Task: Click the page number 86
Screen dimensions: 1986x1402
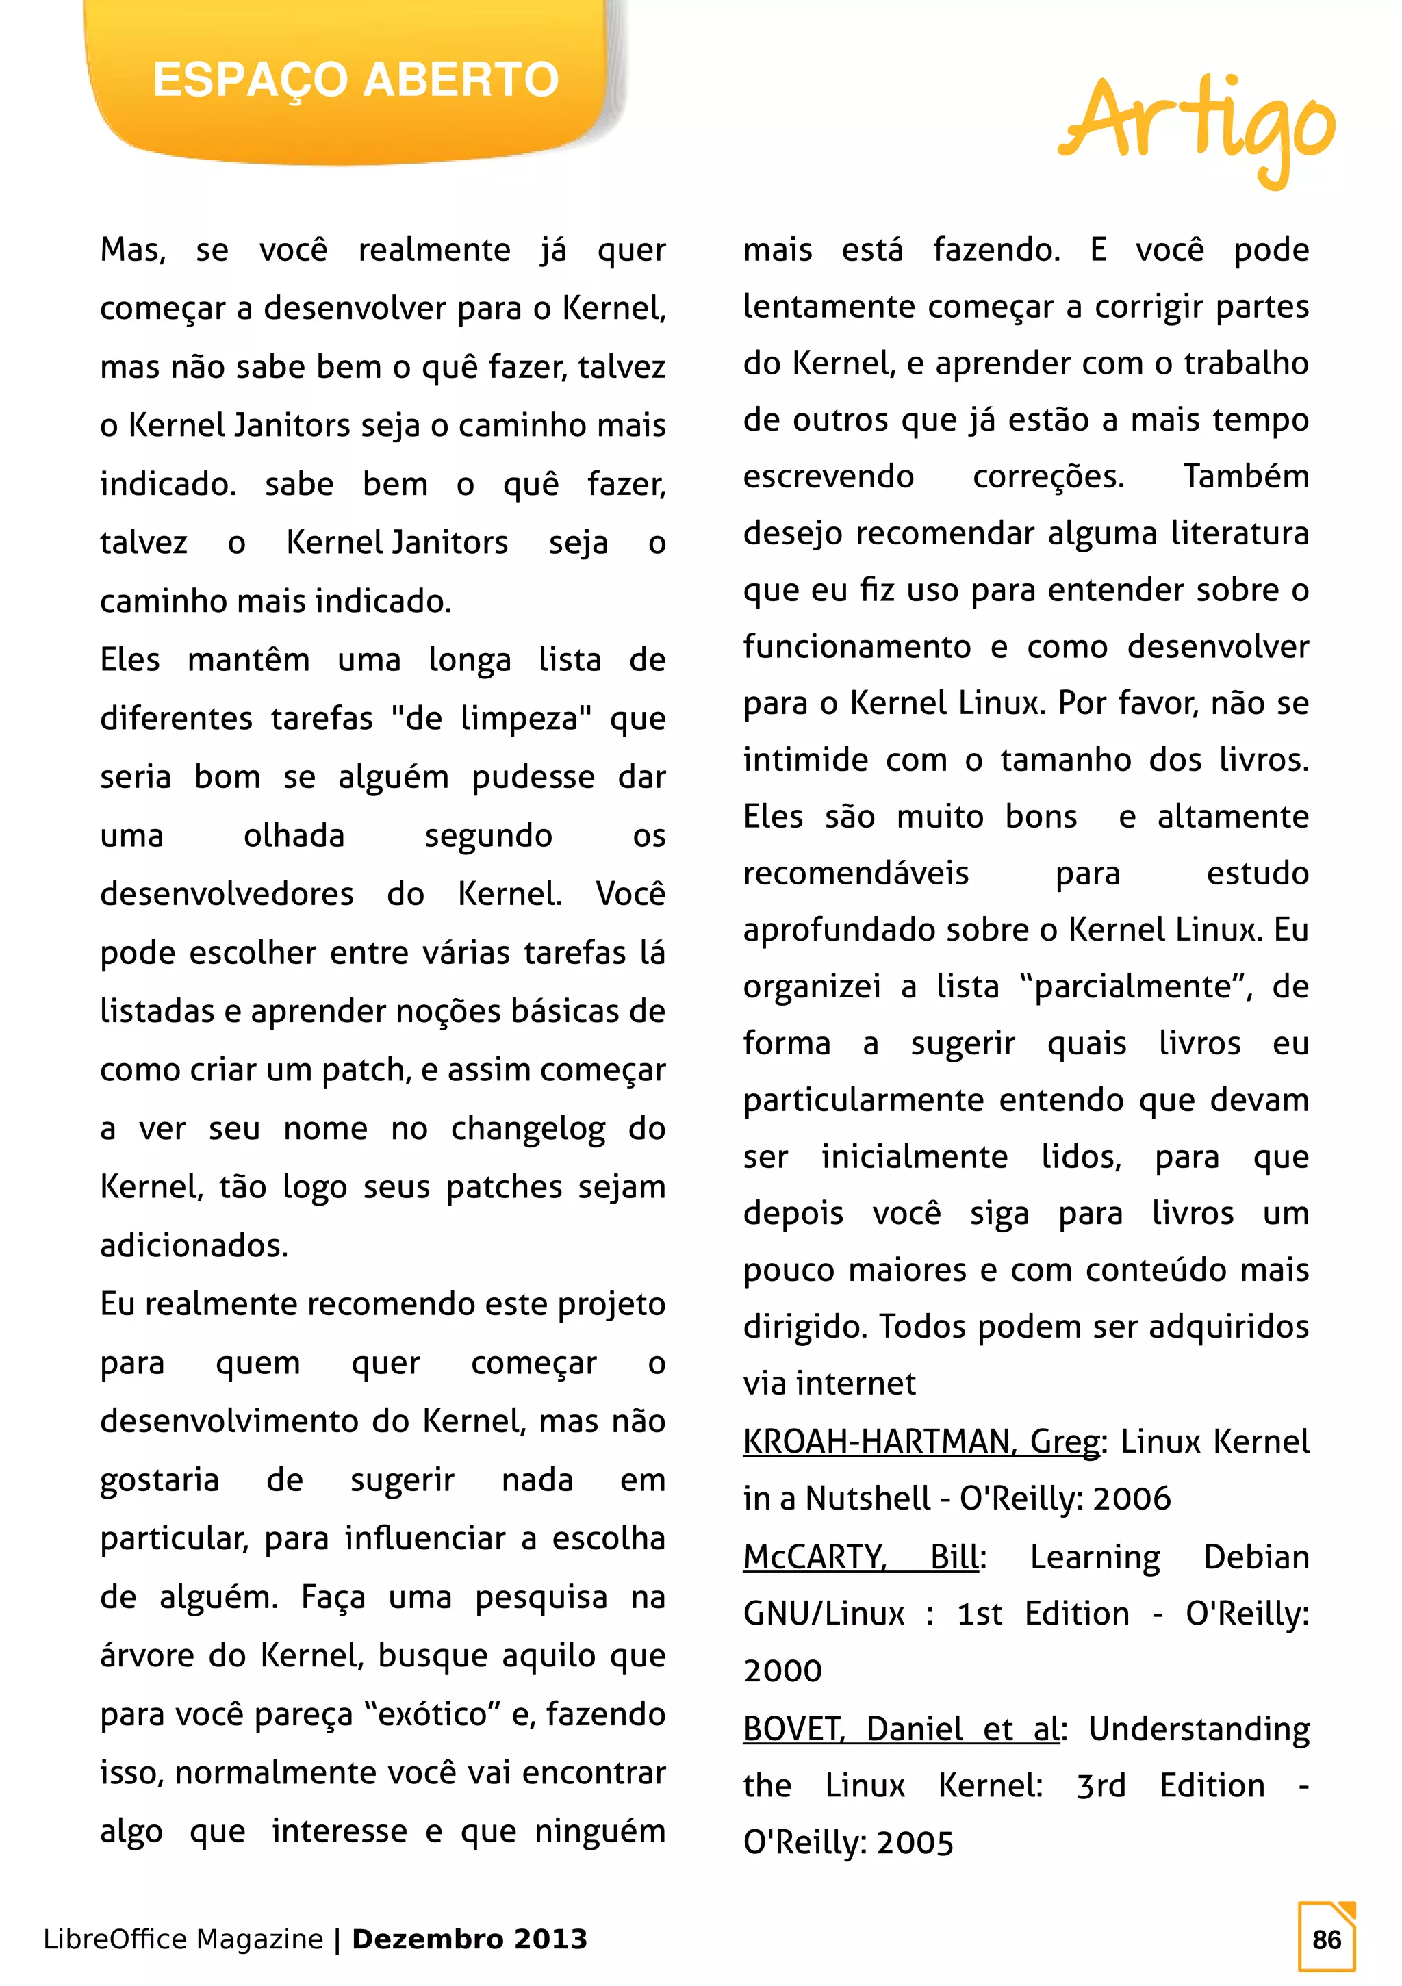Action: tap(1326, 1939)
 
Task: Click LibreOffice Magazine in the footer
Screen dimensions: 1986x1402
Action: tap(183, 1939)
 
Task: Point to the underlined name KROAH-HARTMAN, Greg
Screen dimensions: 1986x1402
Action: tap(921, 1442)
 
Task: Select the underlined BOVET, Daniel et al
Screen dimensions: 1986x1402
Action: tap(900, 1729)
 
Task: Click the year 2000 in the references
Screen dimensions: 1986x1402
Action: tap(782, 1670)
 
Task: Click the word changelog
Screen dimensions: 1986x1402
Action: tap(528, 1129)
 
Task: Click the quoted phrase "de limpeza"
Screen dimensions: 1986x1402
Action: tap(492, 719)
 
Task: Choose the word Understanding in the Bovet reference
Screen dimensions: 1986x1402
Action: tap(1199, 1729)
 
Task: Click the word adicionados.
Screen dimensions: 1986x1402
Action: tap(194, 1245)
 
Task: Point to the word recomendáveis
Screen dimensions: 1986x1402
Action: tap(856, 874)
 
